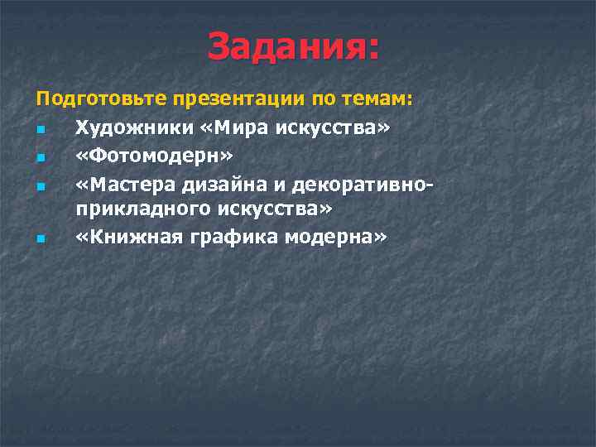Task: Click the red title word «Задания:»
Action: [294, 46]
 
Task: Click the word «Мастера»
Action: [123, 183]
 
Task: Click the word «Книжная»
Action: [125, 238]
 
